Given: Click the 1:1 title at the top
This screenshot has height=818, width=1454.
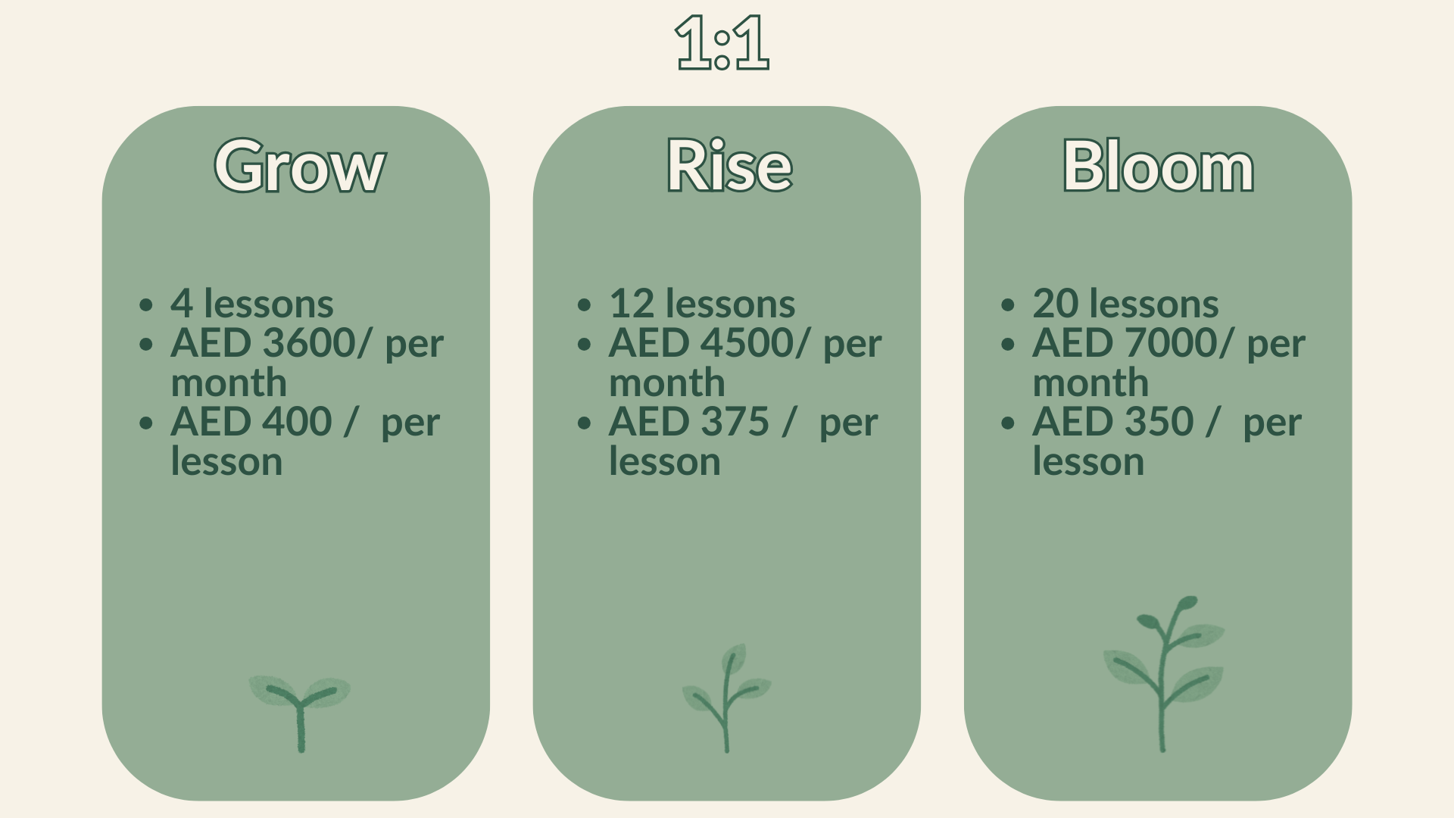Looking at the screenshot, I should [x=722, y=43].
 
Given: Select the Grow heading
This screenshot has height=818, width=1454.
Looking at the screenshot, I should [x=300, y=167].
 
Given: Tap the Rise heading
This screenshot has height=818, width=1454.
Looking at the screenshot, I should [x=729, y=167].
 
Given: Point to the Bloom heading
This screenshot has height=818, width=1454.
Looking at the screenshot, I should [x=1158, y=167].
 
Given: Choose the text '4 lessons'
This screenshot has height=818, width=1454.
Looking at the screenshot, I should [x=251, y=304].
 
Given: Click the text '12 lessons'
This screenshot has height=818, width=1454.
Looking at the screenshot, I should [x=702, y=304].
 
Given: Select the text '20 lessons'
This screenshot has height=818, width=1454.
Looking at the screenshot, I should [x=1125, y=304].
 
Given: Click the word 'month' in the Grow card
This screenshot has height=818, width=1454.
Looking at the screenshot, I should [x=229, y=382].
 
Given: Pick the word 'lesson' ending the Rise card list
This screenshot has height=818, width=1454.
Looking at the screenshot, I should [x=665, y=461].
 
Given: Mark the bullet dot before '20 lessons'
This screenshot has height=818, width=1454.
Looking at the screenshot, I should [x=1007, y=305].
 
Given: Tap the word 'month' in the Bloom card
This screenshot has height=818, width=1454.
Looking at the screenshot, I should [x=1090, y=382].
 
